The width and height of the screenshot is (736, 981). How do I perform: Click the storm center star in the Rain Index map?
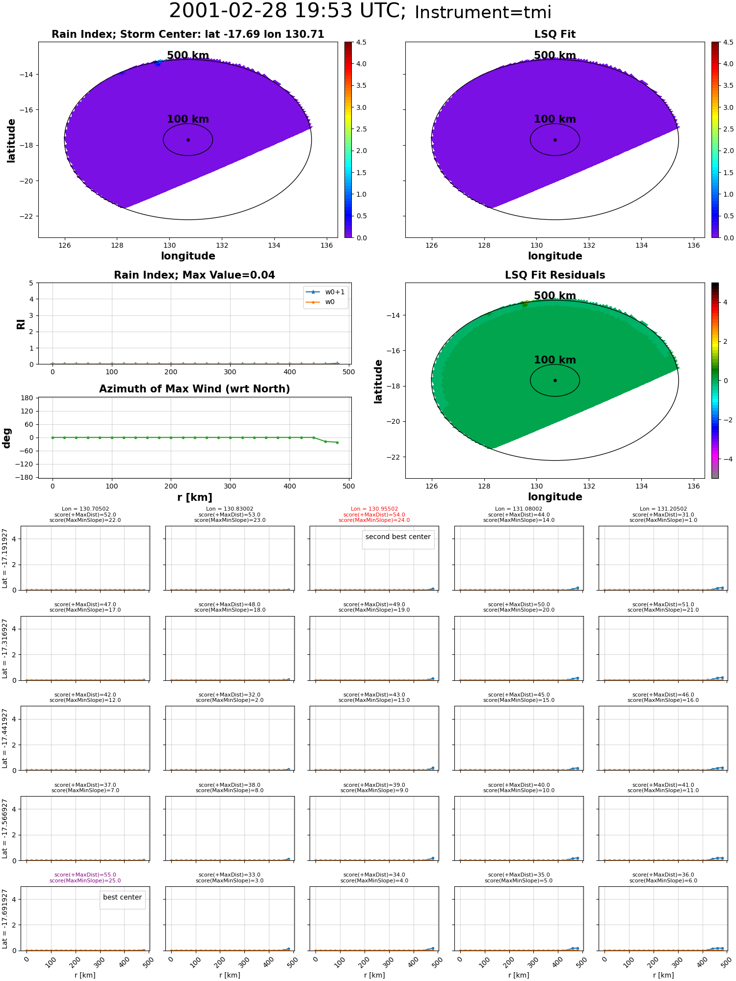(188, 140)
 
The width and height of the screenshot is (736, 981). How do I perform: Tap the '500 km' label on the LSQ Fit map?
(555, 55)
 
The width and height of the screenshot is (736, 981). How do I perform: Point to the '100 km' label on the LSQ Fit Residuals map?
(555, 360)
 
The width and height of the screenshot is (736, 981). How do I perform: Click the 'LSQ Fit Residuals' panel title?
(555, 275)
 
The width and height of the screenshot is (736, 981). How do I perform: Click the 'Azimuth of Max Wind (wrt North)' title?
(195, 389)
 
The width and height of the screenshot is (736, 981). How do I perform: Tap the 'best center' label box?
(122, 897)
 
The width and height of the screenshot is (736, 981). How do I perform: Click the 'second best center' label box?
(398, 537)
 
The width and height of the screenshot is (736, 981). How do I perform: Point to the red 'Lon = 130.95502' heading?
(374, 509)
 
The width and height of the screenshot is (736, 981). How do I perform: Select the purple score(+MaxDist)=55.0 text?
(85, 875)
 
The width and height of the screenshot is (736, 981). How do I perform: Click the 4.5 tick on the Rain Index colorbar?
(361, 42)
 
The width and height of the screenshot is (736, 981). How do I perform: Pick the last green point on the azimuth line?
(337, 442)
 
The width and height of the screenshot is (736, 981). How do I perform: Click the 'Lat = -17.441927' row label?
(5, 738)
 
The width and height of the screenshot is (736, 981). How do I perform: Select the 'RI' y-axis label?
(21, 324)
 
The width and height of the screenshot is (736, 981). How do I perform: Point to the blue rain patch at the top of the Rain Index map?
(157, 63)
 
